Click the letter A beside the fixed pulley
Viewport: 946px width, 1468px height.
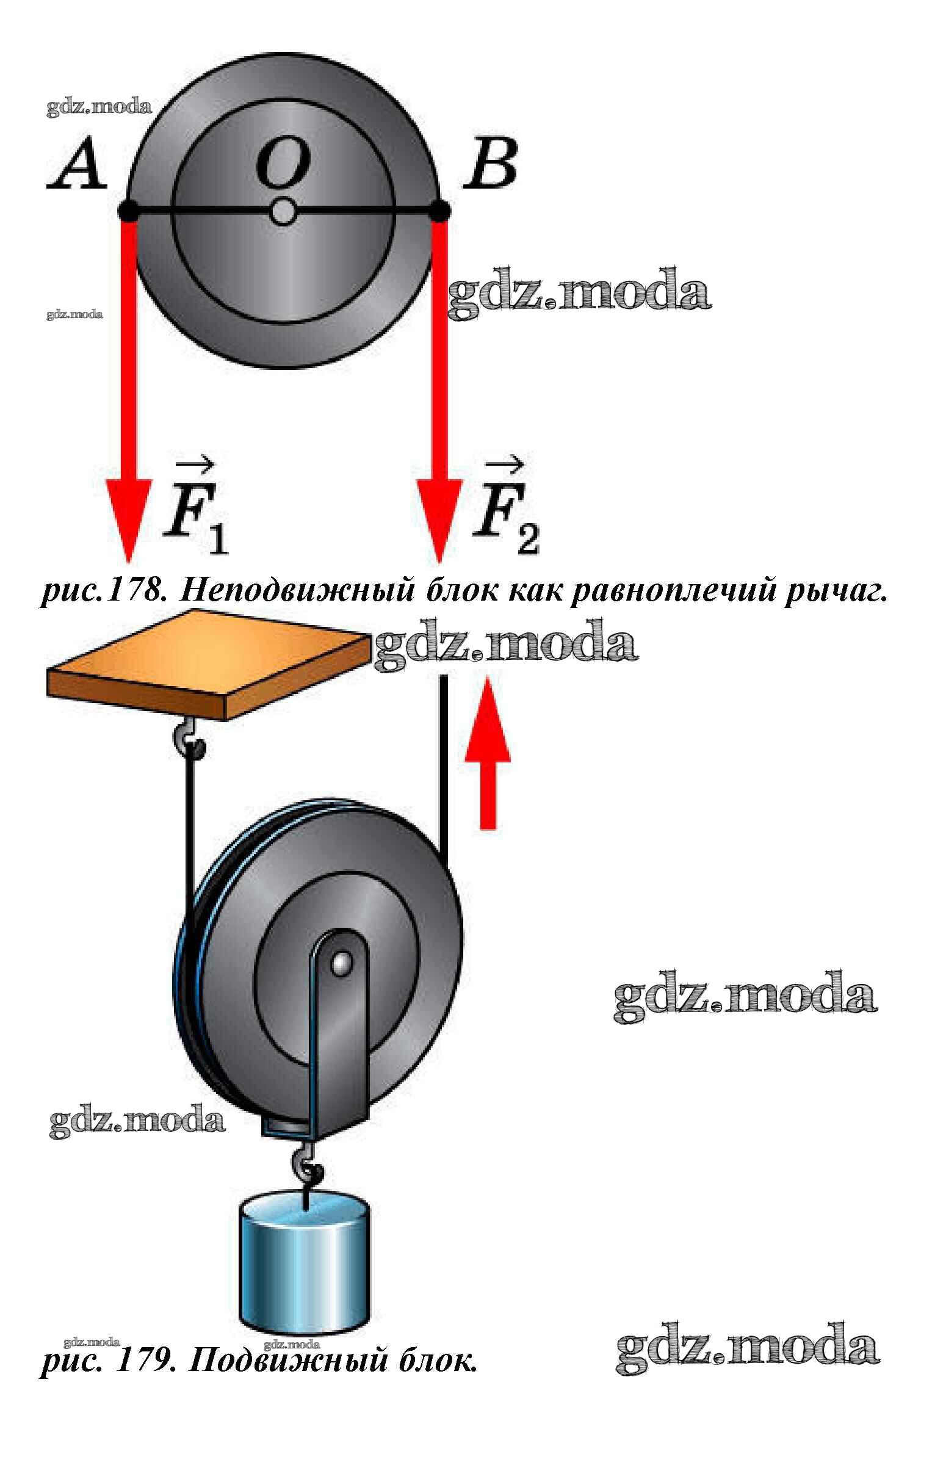(x=77, y=165)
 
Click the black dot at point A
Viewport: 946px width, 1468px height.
(x=128, y=211)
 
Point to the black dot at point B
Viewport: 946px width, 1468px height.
(x=440, y=211)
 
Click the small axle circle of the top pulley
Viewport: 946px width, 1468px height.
(x=283, y=212)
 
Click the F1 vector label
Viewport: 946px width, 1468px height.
(x=193, y=510)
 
